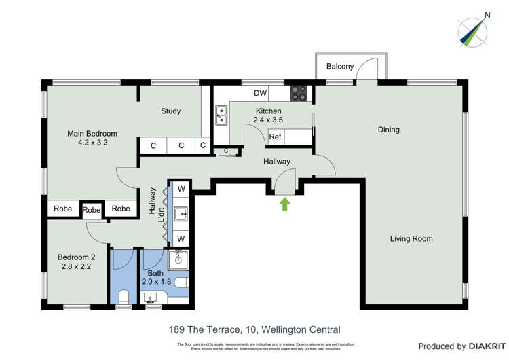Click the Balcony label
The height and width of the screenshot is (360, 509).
click(339, 66)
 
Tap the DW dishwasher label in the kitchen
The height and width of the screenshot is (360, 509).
click(259, 93)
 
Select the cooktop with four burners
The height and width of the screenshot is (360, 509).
click(299, 93)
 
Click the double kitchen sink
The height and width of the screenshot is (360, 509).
click(221, 115)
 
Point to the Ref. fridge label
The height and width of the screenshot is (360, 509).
click(276, 137)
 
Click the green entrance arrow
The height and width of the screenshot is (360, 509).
click(284, 203)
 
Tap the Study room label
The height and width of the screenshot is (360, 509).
click(170, 111)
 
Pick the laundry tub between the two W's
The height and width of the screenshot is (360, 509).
click(181, 215)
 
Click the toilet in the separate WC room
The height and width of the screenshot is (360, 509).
click(124, 296)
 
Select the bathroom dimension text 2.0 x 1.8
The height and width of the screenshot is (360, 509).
click(157, 281)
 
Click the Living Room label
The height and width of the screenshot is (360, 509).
click(411, 238)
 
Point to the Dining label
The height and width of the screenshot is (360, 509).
click(388, 130)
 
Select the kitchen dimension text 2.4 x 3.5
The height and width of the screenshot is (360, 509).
click(269, 120)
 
